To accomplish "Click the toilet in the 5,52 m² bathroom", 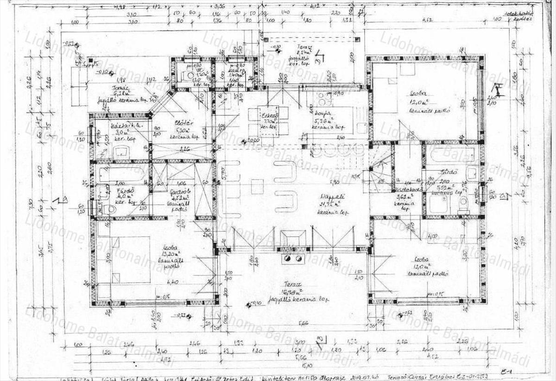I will pos(462,203).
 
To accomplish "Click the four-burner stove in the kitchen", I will pos(322,99).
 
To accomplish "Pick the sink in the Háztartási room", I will pos(121,151).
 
